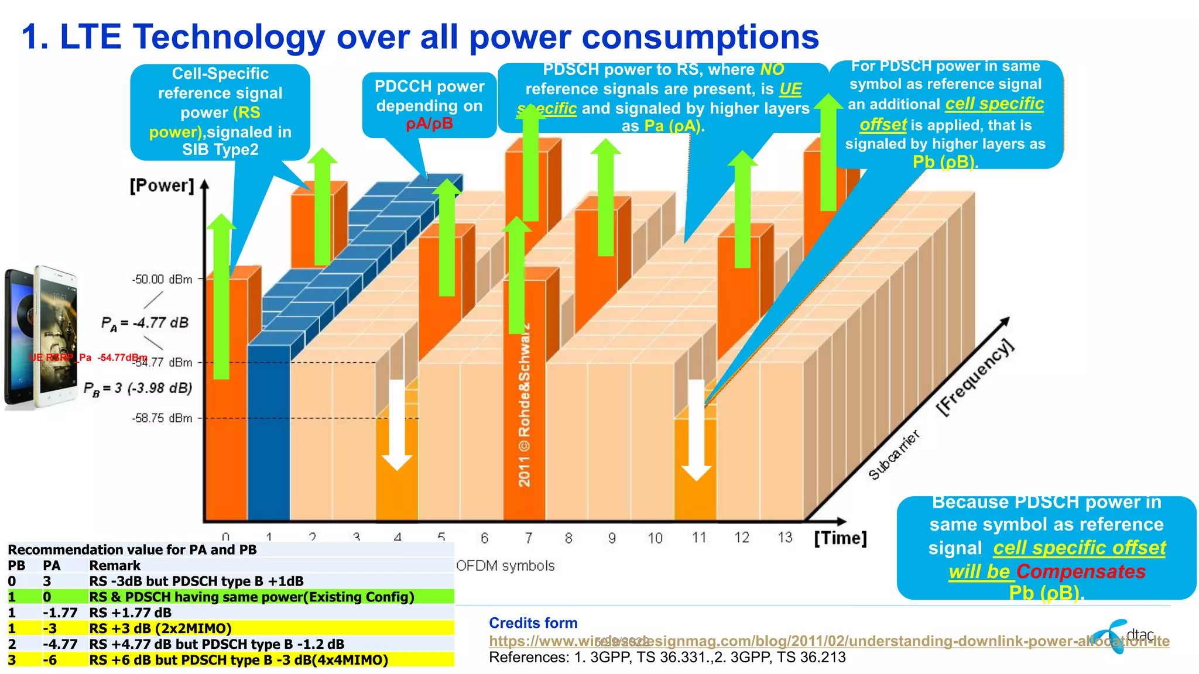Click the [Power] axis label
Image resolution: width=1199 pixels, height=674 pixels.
[162, 186]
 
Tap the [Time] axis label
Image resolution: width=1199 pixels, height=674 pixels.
[840, 538]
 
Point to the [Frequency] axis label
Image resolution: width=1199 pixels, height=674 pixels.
[974, 377]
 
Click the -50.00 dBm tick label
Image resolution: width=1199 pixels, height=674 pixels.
[162, 280]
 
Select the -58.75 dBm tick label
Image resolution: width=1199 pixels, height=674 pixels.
[162, 418]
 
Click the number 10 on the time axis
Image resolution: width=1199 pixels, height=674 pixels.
[655, 538]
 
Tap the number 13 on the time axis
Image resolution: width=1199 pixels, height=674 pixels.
[785, 537]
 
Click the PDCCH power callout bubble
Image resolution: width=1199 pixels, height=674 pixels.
[429, 105]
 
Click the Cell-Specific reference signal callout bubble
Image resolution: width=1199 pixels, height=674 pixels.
[220, 111]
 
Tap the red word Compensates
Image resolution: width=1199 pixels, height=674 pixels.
[1081, 571]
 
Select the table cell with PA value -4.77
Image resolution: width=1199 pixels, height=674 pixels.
[60, 644]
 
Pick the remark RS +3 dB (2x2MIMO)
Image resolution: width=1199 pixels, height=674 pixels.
[160, 628]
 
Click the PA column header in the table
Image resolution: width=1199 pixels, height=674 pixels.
[52, 565]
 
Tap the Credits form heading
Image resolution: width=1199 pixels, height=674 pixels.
[533, 623]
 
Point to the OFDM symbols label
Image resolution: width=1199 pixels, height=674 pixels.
[505, 566]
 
